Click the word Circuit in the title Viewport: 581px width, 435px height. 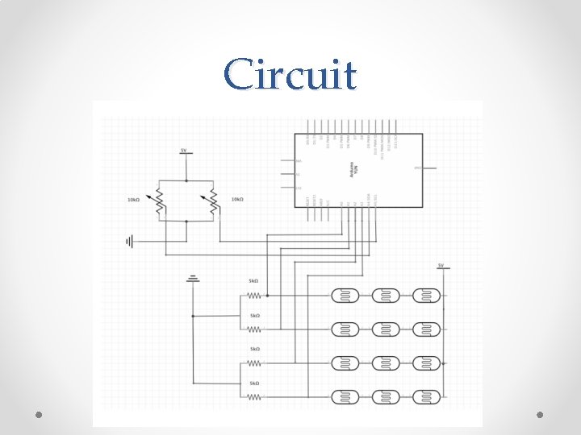click(290, 75)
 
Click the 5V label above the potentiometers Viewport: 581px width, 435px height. click(184, 151)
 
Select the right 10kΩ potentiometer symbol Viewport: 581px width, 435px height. click(213, 201)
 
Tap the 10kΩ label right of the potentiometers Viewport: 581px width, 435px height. click(237, 199)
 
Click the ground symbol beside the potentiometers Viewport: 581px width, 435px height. click(130, 240)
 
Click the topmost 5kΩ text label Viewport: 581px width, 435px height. click(253, 281)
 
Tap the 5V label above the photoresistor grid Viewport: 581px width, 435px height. click(441, 265)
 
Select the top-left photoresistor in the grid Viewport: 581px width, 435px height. click(346, 296)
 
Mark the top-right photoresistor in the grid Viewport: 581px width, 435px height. click(427, 296)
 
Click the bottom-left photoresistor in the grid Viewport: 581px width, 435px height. click(346, 397)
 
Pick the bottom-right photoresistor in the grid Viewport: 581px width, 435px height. click(427, 397)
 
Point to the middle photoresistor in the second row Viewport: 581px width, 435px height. click(387, 329)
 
